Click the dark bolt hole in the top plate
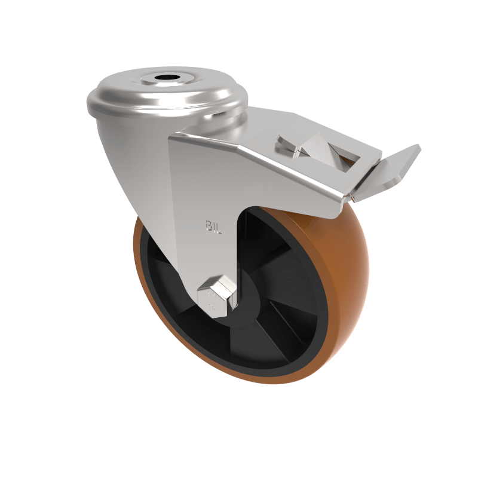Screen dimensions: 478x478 click(x=163, y=78)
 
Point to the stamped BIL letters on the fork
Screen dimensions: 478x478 click(x=213, y=226)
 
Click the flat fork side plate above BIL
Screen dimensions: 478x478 click(x=203, y=179)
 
